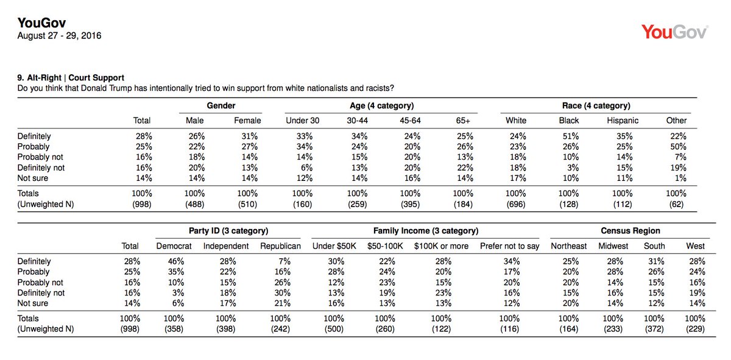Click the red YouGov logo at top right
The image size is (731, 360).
(x=674, y=32)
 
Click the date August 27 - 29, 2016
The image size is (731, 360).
(x=59, y=35)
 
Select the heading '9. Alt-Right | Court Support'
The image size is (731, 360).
(x=71, y=78)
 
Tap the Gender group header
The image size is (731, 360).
(x=221, y=105)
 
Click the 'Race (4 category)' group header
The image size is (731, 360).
(x=596, y=106)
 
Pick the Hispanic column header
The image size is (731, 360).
(x=623, y=121)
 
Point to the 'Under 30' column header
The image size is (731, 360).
(x=303, y=121)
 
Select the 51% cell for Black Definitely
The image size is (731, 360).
(x=570, y=136)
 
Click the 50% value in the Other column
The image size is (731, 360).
(x=678, y=147)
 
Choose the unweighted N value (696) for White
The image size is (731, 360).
(x=515, y=204)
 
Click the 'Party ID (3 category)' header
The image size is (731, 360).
(x=228, y=231)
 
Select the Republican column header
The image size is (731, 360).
(x=280, y=245)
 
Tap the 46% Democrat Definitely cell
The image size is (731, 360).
(x=176, y=261)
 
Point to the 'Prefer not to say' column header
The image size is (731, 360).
(x=509, y=246)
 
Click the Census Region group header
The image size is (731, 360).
(x=630, y=231)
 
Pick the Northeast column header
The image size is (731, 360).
(x=568, y=245)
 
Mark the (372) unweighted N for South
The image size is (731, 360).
(x=654, y=329)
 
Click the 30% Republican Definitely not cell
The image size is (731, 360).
(x=282, y=293)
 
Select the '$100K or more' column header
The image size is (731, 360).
(x=441, y=245)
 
